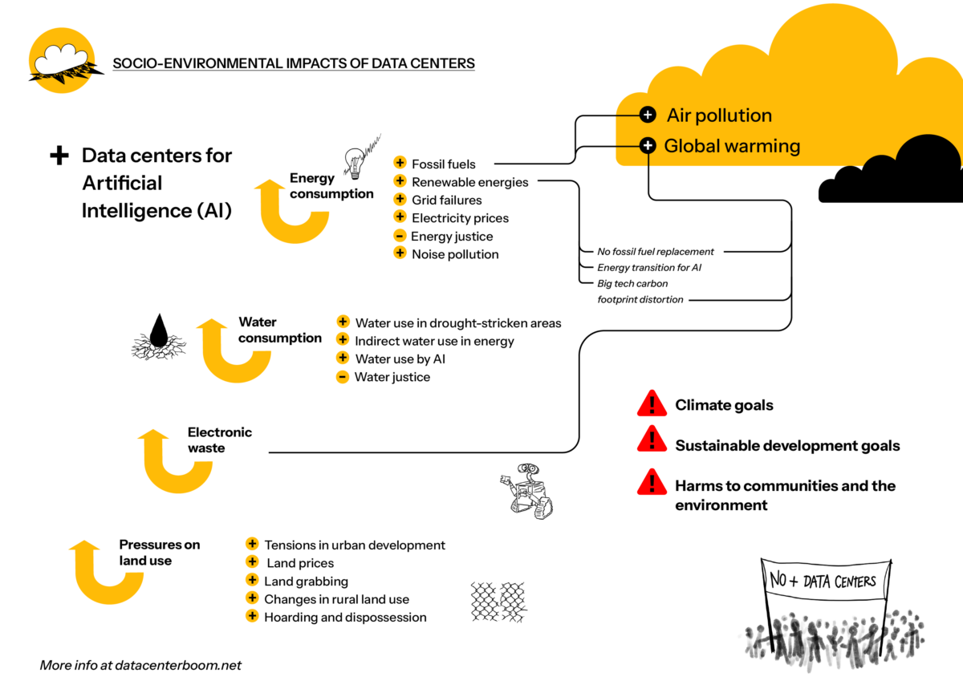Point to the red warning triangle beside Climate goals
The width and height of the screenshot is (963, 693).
click(652, 403)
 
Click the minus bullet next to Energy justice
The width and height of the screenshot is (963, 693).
click(399, 236)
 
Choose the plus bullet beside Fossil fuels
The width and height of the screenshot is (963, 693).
click(400, 164)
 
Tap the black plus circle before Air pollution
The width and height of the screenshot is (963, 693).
click(648, 115)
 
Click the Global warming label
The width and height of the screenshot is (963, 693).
click(732, 146)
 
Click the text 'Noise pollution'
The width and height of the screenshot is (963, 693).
click(455, 254)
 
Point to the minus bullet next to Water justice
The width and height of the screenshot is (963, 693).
click(343, 377)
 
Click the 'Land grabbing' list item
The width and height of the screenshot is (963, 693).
click(306, 582)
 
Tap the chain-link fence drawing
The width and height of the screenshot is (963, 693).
click(498, 602)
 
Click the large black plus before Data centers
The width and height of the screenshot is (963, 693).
click(59, 156)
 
